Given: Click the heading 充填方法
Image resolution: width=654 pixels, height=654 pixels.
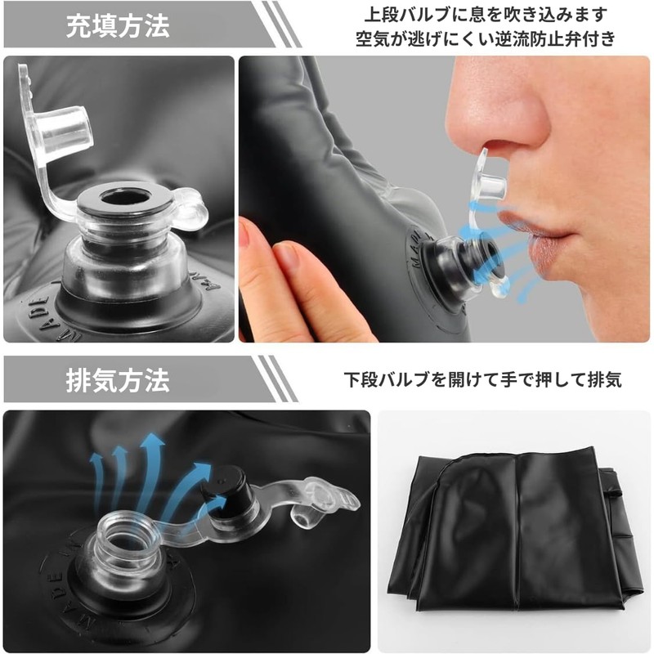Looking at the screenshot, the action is tap(118, 26).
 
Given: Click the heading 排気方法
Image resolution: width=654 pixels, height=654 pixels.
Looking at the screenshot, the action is tap(118, 380).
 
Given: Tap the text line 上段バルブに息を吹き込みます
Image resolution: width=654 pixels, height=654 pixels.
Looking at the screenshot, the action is tap(486, 15).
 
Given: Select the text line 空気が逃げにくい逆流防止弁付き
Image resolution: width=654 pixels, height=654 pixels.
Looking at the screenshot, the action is tap(486, 38).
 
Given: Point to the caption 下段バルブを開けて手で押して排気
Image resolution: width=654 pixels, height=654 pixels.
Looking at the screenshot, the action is tap(482, 379).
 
